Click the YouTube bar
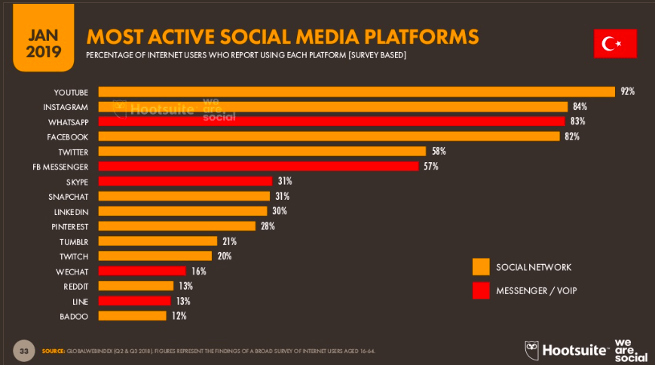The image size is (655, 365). (356, 92)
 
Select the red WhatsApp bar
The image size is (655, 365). (331, 121)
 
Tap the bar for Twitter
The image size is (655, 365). (262, 152)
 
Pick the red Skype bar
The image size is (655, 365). (185, 181)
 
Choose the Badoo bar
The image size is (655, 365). (132, 316)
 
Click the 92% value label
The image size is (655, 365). (627, 92)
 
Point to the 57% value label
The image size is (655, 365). (430, 167)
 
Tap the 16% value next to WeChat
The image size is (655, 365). (197, 271)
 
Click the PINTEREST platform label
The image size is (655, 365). (69, 226)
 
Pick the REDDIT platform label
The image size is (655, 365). (75, 286)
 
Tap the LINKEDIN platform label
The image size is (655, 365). (72, 211)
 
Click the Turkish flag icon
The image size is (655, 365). (615, 44)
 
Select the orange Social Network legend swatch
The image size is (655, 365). (481, 267)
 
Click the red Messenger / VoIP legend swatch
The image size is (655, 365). (481, 290)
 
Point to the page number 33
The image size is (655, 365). (24, 351)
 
